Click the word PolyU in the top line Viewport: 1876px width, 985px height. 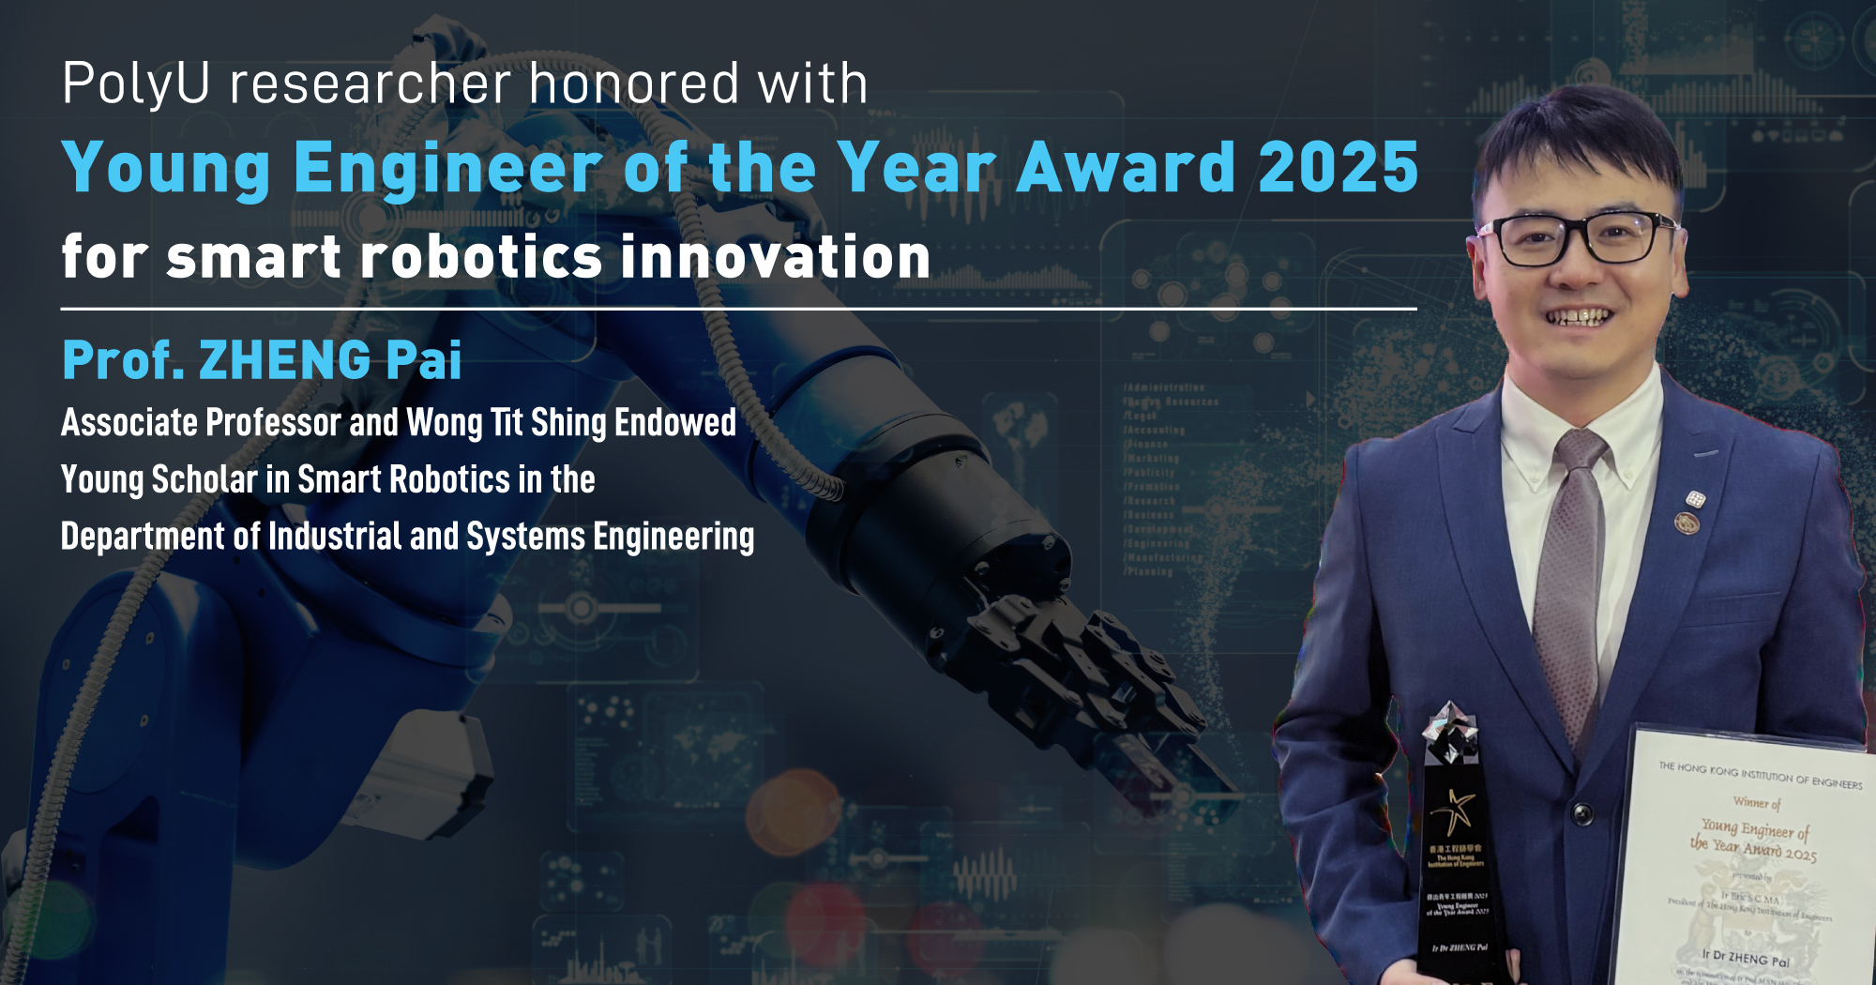[135, 84]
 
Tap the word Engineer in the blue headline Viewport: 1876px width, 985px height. [447, 167]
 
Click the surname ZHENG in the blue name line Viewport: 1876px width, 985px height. [285, 360]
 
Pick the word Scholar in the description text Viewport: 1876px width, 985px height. [204, 480]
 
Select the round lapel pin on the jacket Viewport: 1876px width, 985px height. [1687, 523]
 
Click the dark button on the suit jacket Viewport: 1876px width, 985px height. [1582, 812]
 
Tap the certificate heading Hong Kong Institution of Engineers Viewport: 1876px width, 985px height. [1760, 776]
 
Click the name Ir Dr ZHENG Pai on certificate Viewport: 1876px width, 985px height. [1746, 958]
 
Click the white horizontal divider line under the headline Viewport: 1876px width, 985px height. [738, 309]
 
